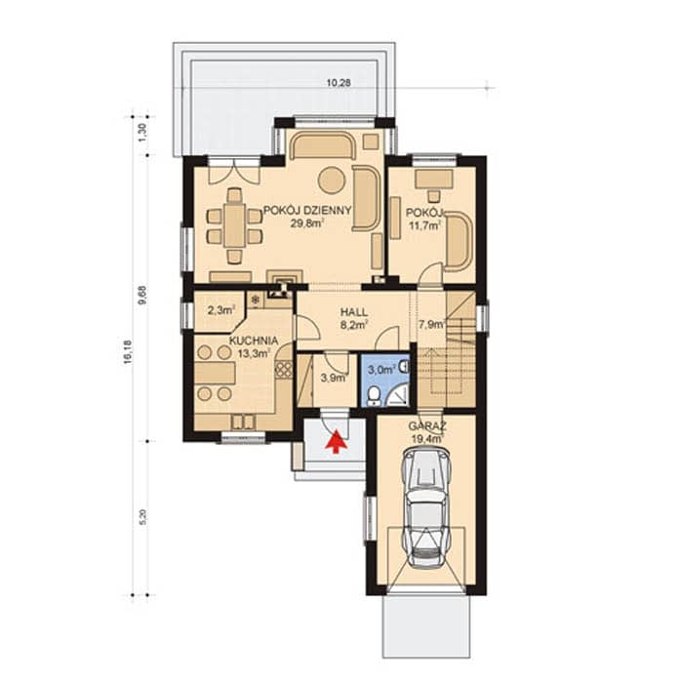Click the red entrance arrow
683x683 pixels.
pos(336,442)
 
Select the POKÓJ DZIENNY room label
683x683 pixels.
pos(307,211)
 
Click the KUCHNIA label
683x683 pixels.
pos(254,341)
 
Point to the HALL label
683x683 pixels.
pos(354,312)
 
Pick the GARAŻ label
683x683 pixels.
pos(427,426)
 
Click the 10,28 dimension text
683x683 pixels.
pos(339,82)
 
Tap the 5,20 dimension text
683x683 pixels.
pos(144,518)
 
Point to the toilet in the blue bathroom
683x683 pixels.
pos(374,396)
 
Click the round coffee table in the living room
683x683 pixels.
pos(332,180)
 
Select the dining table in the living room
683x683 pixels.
pos(235,225)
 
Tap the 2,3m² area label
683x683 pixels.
pos(221,310)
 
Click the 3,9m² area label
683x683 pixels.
pos(334,378)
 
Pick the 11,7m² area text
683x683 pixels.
pos(424,224)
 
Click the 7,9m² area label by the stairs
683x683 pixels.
pos(431,324)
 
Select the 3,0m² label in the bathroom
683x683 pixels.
pos(382,370)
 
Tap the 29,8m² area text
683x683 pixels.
pos(307,223)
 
